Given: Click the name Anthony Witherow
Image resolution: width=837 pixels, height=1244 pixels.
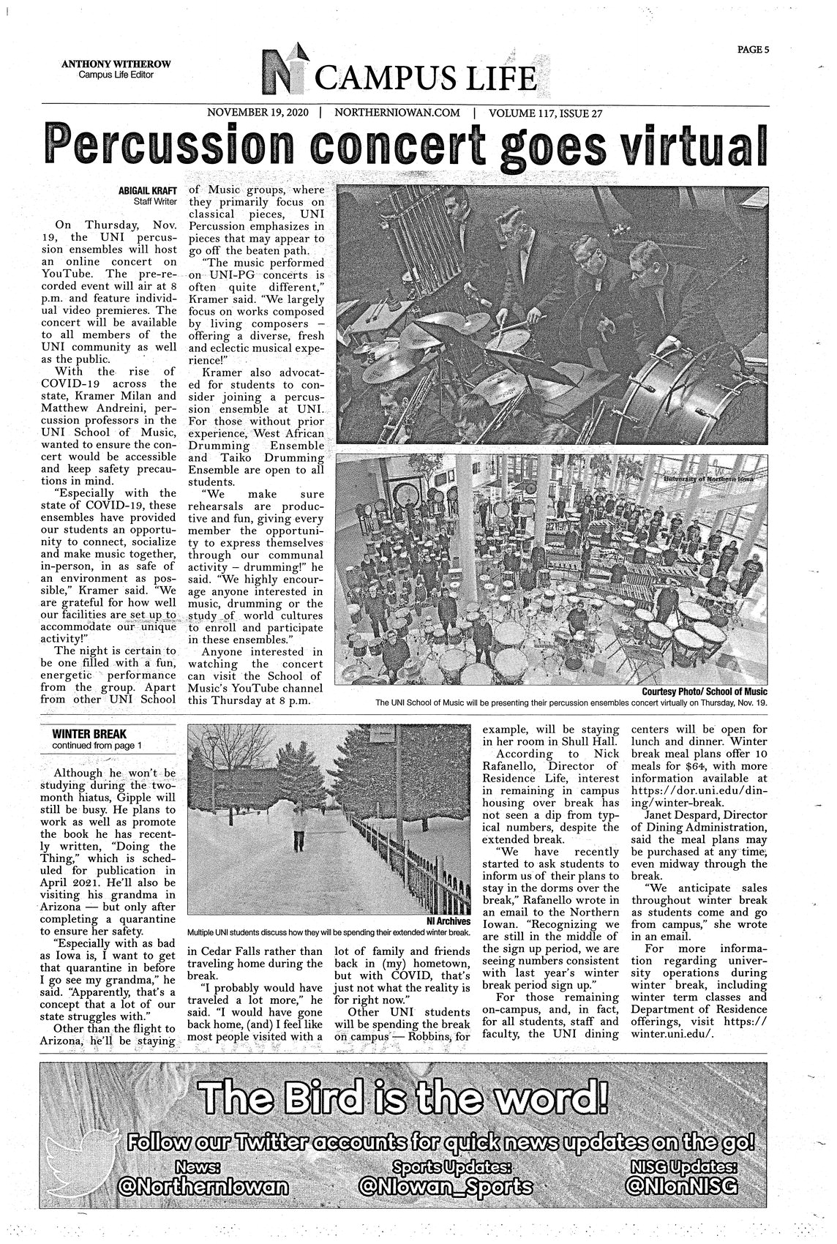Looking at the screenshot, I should coord(116,64).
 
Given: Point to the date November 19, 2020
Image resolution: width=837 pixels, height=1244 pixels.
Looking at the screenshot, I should coord(260,113).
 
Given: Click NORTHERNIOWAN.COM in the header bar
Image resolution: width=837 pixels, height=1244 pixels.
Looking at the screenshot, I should coord(396,113).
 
